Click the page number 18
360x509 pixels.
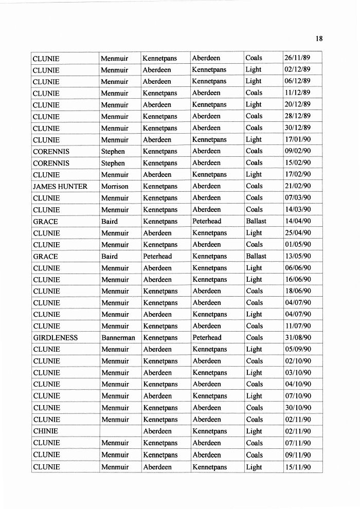click(x=319, y=39)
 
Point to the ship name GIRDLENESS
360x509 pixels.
click(x=55, y=338)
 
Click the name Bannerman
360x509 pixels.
click(x=118, y=338)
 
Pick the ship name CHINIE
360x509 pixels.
click(x=45, y=431)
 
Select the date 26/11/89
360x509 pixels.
click(x=297, y=58)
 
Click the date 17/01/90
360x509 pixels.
click(x=297, y=139)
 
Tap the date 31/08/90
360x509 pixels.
click(x=297, y=338)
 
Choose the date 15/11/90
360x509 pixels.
click(x=297, y=467)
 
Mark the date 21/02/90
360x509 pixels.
click(x=297, y=186)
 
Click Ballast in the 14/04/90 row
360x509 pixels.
click(x=256, y=221)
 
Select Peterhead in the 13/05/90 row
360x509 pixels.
click(x=157, y=256)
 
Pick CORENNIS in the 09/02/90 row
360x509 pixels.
click(x=51, y=151)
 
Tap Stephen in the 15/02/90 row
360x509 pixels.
click(x=113, y=163)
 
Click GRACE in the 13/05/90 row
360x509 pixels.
click(x=45, y=256)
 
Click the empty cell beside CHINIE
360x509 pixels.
click(x=120, y=431)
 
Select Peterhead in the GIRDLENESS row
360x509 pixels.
click(x=207, y=338)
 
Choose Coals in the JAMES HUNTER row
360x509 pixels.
click(x=254, y=186)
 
